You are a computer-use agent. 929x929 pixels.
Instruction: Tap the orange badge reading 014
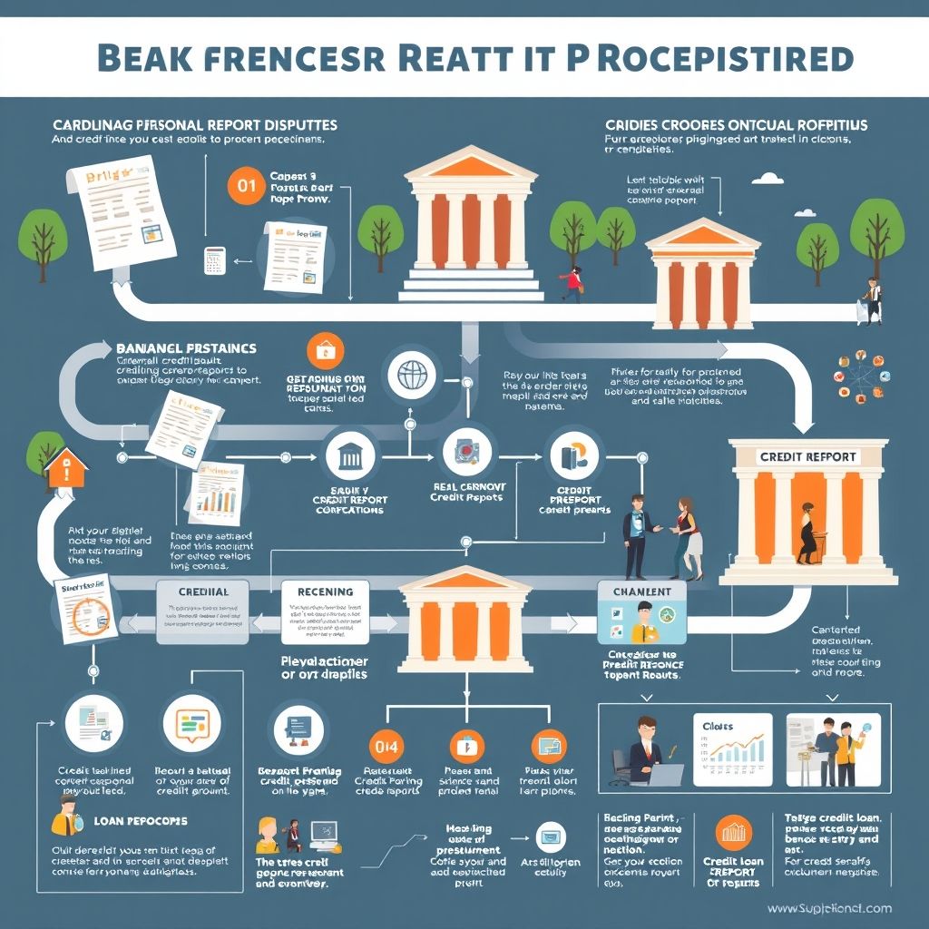(x=385, y=747)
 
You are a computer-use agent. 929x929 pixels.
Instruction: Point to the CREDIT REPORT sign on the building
(x=807, y=456)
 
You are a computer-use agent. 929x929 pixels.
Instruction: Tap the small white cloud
(x=768, y=178)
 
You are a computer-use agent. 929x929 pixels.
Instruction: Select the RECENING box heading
(x=325, y=592)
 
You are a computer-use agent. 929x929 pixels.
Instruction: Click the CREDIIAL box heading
(x=204, y=592)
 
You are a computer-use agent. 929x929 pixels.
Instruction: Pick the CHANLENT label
(x=642, y=592)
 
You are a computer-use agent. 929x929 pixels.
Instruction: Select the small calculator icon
(x=215, y=260)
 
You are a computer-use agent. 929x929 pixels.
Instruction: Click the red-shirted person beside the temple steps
(x=572, y=281)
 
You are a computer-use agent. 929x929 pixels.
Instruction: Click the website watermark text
(x=828, y=908)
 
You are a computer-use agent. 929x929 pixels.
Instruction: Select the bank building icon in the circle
(x=349, y=456)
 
